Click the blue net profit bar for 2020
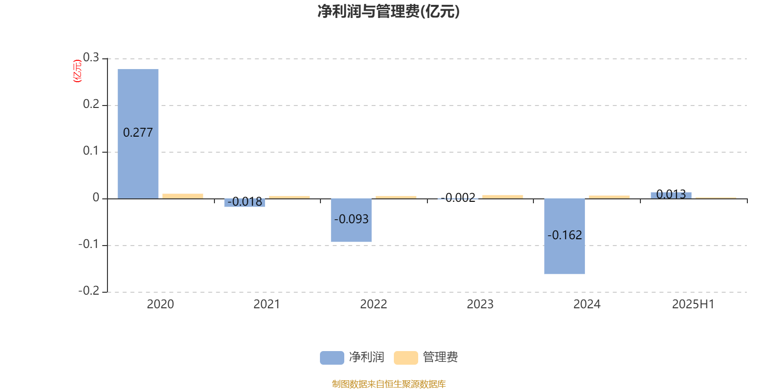pos(138,134)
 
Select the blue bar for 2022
pos(351,220)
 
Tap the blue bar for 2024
pos(565,236)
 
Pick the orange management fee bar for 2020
pos(183,196)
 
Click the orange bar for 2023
pos(503,197)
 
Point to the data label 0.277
pos(138,133)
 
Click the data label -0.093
pos(351,219)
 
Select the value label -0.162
pos(565,235)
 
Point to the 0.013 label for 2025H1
pos(671,194)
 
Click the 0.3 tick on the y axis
pos(91,57)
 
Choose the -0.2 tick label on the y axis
pos(88,291)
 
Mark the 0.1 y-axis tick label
pos(91,151)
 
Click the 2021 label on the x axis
pos(267,304)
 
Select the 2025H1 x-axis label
pos(693,304)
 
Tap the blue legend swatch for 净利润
pos(332,358)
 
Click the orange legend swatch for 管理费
pos(406,358)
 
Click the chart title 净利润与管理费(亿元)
pos(389,12)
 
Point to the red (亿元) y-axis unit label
pos(77,71)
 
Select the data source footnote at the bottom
pos(389,384)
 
